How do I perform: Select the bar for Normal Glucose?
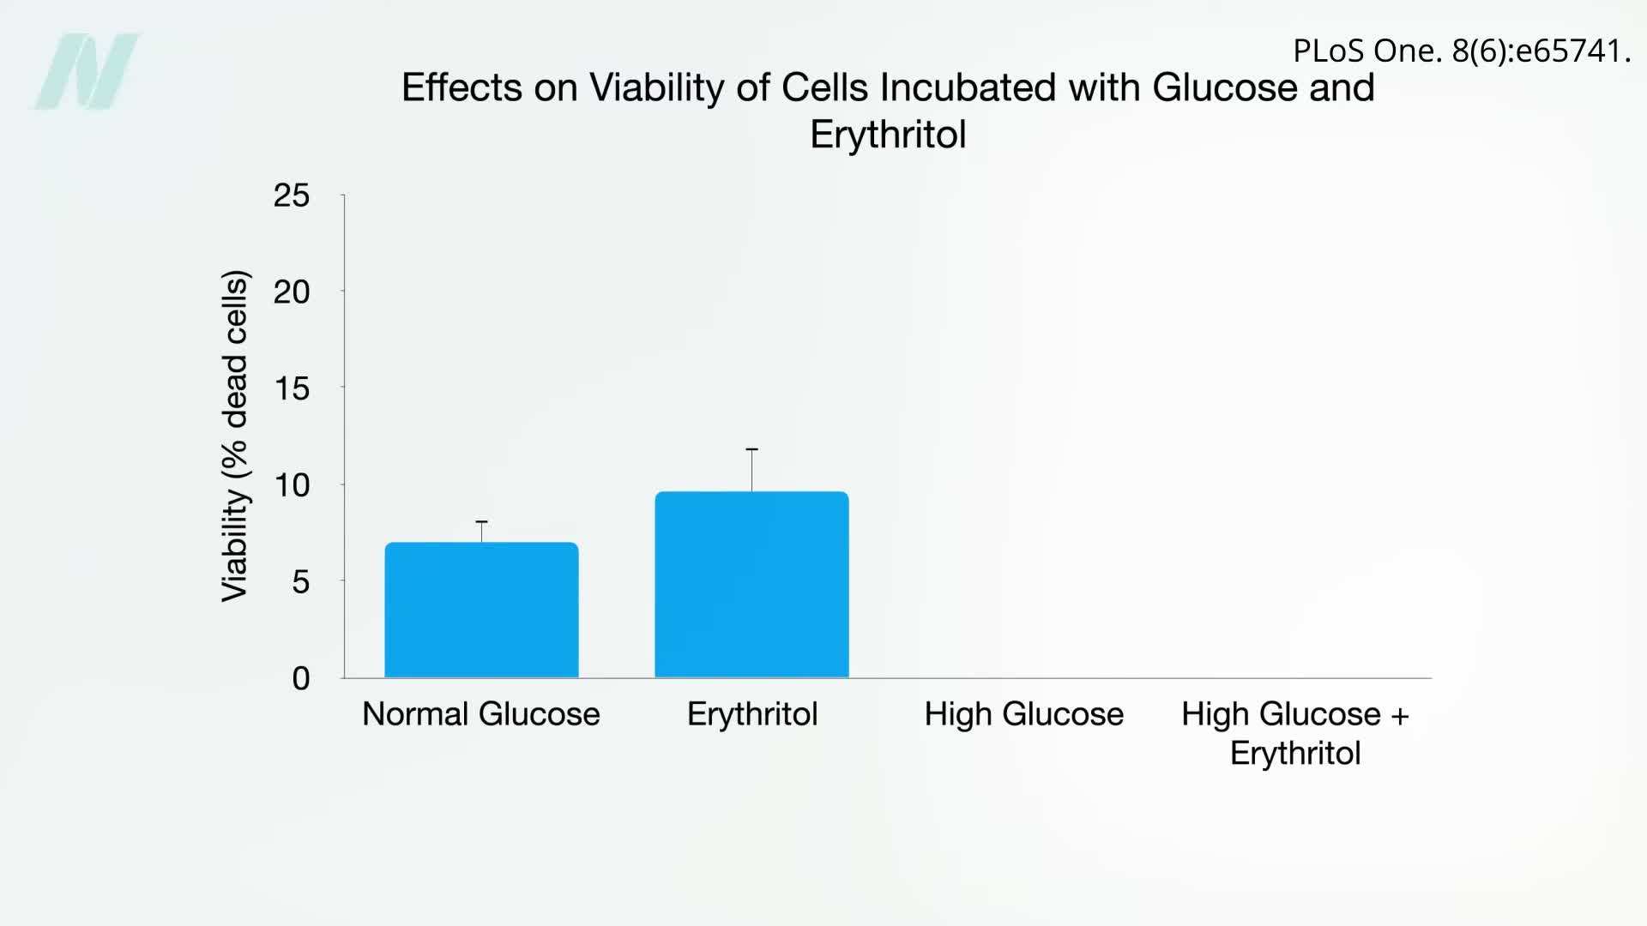point(481,610)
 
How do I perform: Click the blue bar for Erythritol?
point(751,585)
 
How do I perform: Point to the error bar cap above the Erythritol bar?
point(751,449)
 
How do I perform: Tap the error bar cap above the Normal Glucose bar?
point(481,521)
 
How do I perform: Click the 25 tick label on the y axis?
point(292,195)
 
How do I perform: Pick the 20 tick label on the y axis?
point(292,292)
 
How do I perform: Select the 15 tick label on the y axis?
point(292,388)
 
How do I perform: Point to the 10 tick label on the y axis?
point(292,485)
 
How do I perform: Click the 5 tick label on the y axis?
point(300,581)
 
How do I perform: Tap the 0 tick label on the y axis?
point(300,678)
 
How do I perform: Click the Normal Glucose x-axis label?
point(481,713)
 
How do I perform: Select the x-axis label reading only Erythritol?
point(752,713)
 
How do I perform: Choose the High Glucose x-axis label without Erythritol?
point(1023,713)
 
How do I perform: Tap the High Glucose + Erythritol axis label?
point(1295,733)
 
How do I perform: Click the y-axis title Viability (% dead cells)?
point(235,436)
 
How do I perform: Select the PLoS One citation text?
point(1461,51)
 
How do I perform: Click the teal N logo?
point(88,71)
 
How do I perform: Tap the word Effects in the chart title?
point(462,87)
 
